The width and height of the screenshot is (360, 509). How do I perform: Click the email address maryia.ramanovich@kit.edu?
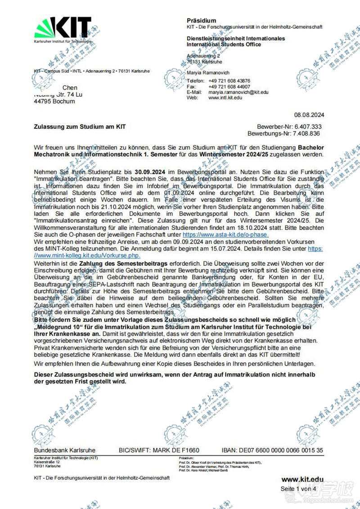238,92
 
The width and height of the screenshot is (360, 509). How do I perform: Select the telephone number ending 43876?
229,81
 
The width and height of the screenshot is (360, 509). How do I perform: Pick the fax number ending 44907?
229,86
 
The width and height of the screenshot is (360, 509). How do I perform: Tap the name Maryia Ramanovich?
208,72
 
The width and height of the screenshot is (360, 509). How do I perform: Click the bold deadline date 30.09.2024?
149,172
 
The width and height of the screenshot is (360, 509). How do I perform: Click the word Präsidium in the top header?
201,21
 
